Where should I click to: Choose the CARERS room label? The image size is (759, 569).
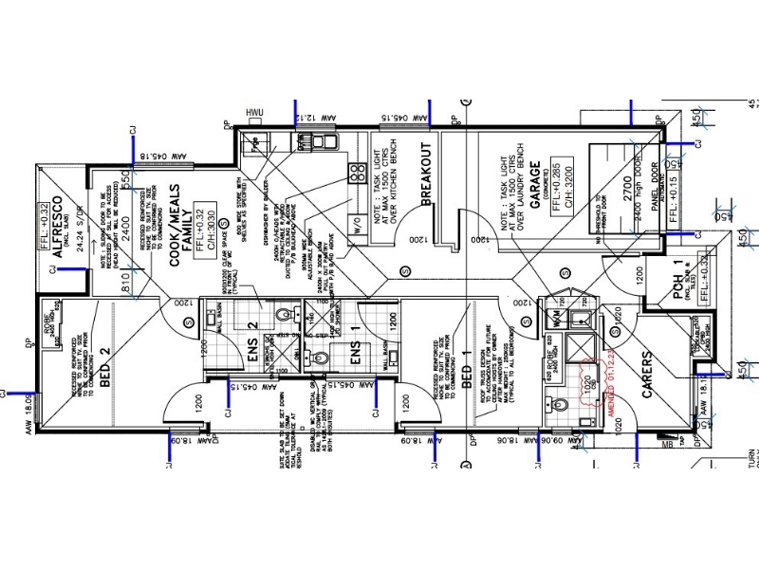tap(648, 377)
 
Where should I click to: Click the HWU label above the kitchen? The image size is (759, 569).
tap(253, 114)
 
